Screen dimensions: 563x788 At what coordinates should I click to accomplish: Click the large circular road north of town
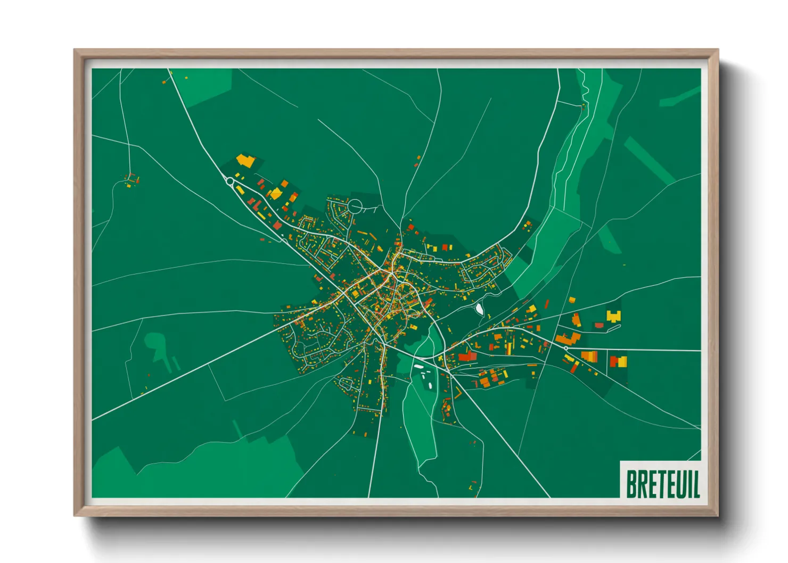pos(355,205)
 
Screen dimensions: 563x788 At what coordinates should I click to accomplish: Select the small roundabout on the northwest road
pos(229,181)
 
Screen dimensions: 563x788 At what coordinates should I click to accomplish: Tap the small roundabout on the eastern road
pos(565,348)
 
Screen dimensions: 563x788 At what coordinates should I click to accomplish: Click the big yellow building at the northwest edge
pos(245,160)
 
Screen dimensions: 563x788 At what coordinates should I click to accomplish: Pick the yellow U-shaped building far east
pos(614,316)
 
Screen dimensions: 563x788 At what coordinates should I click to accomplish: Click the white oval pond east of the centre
pos(479,309)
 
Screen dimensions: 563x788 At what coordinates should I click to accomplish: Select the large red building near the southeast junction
pos(466,355)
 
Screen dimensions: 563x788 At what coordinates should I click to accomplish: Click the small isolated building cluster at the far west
pos(131,179)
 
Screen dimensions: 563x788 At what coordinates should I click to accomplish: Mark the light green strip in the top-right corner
pos(680,96)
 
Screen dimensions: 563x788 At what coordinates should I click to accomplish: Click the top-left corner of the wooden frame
pos(75,51)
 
